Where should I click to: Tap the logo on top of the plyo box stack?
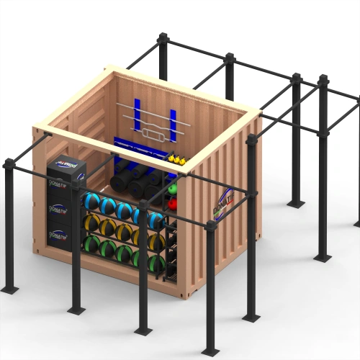coord(66,163)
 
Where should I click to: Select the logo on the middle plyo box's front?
coord(58,209)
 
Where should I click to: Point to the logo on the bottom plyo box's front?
coord(58,234)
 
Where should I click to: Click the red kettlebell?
coord(173,204)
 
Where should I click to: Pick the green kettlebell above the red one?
coord(173,189)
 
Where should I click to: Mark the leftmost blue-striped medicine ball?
coord(91,201)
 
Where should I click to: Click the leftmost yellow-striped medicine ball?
coord(91,223)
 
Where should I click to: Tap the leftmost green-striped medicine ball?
coord(91,244)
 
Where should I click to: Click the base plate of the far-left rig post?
coord(10,289)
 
